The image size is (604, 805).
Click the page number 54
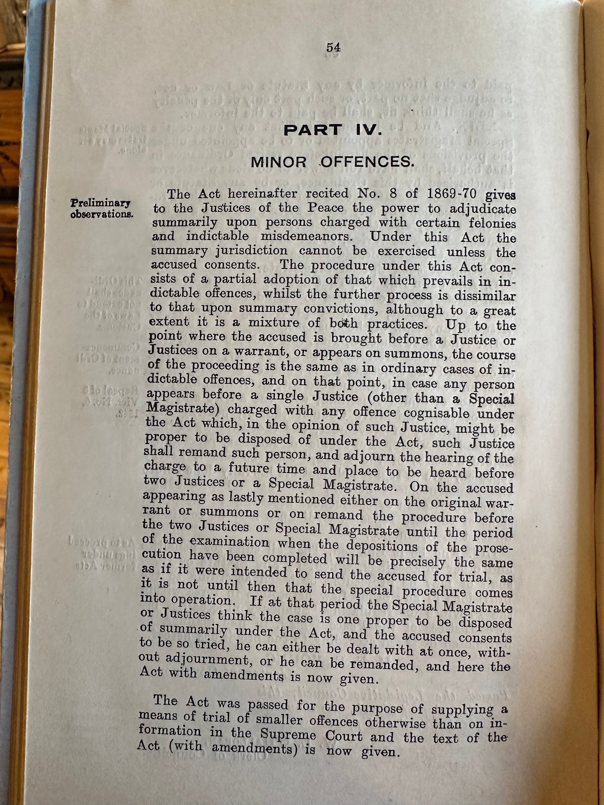333,48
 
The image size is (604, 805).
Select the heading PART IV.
333,130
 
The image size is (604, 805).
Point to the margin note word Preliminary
101,203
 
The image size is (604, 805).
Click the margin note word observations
102,214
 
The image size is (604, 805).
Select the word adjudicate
483,210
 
